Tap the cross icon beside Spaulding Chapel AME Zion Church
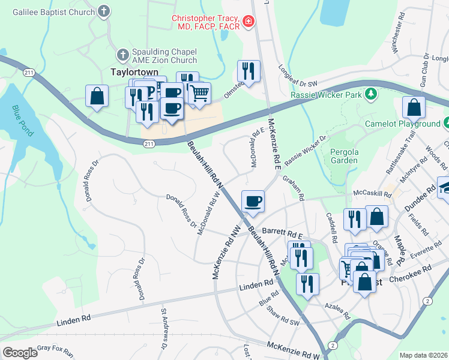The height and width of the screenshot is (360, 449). point(123,55)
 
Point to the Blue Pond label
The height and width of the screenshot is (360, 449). point(22,121)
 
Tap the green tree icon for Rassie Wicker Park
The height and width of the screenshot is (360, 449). point(372,94)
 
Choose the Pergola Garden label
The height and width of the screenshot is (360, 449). point(344,156)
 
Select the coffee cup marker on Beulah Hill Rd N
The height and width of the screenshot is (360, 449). point(253,202)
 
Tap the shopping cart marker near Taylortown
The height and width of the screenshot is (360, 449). point(199,94)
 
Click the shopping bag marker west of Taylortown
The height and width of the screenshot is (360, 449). point(96,97)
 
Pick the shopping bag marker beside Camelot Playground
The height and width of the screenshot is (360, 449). point(414,107)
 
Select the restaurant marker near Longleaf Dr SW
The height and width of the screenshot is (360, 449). point(248,71)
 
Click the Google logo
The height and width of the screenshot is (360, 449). point(20,352)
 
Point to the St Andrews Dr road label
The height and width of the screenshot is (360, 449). point(163,329)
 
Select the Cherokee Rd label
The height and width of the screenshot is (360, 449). point(418,270)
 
